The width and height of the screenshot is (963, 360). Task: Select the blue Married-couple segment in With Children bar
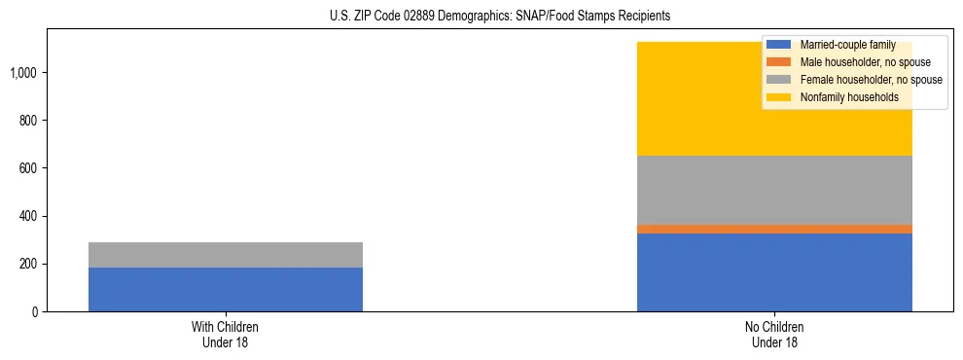click(226, 289)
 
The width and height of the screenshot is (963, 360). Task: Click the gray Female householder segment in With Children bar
click(226, 255)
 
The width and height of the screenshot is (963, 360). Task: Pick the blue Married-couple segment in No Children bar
click(774, 272)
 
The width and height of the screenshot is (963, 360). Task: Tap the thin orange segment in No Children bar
click(774, 229)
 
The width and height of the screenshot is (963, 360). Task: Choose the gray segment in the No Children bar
click(774, 190)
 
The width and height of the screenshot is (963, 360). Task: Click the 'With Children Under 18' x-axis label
click(226, 335)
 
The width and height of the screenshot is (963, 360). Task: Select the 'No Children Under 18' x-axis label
click(774, 335)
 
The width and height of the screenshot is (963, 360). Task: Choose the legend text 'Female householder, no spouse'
click(870, 80)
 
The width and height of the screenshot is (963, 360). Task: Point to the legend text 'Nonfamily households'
click(842, 97)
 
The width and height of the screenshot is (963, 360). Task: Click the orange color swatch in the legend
click(779, 62)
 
